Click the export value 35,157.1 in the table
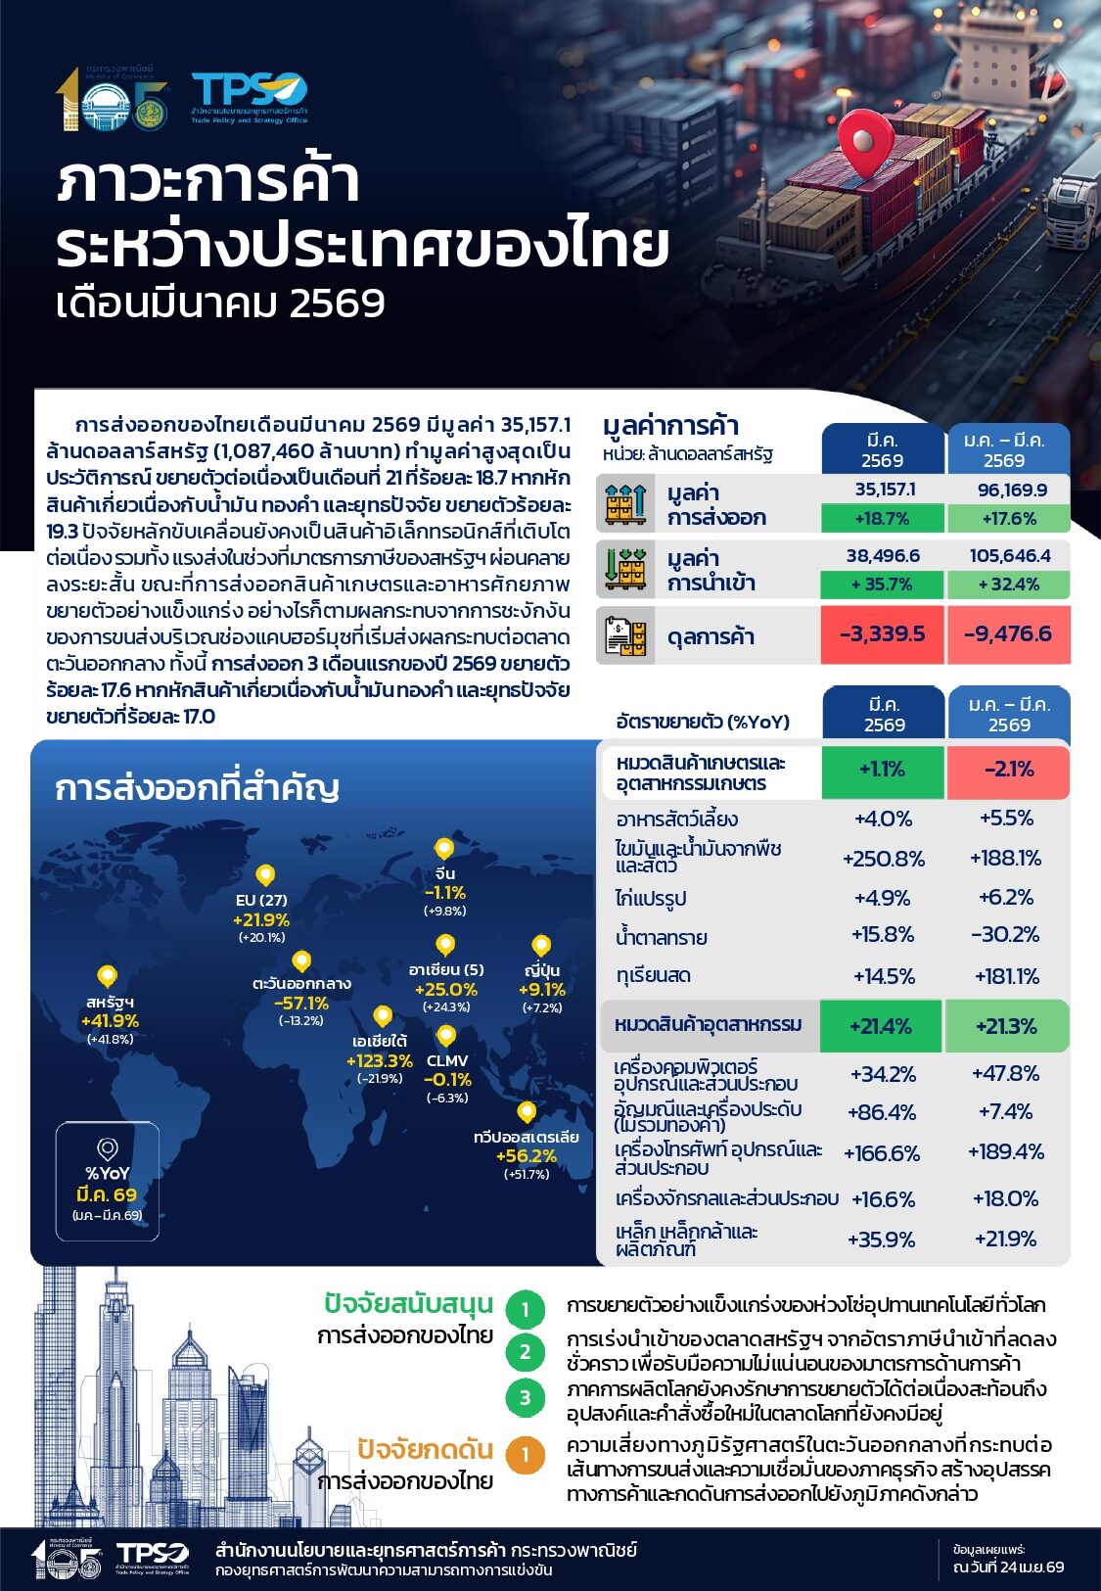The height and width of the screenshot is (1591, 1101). pos(885,490)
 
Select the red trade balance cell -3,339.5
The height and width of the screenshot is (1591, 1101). pos(882,634)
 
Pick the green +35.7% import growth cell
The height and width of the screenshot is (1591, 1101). pos(882,585)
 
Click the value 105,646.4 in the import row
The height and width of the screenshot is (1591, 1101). pos(1010,556)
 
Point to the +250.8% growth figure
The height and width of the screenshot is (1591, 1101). pos(883,859)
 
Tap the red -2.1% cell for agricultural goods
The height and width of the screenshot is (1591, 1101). pos(1008,770)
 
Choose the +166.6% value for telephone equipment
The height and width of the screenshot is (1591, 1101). pos(882,1153)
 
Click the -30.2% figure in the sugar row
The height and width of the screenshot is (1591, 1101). pos(1005,935)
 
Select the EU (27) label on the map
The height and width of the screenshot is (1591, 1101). pos(261,900)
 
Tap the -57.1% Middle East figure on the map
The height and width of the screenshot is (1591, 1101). pos(301,1004)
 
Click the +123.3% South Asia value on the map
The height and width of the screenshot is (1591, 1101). pos(379,1060)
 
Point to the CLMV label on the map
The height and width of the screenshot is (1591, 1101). pos(447,1060)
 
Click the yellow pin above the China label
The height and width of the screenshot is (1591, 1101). pos(444,849)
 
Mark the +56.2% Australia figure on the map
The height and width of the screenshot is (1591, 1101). pos(526,1155)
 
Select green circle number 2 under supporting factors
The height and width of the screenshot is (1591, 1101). pos(526,1352)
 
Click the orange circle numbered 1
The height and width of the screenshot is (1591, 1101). pos(526,1456)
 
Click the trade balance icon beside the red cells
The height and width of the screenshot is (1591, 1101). pos(625,636)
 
